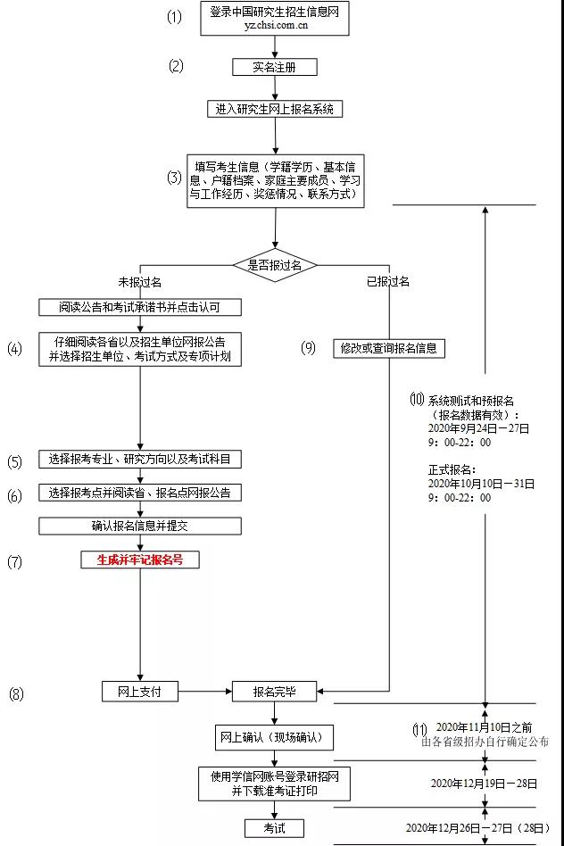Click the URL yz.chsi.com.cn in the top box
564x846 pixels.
pos(276,26)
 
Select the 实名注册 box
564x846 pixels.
pos(274,67)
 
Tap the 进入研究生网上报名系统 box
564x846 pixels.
pos(275,109)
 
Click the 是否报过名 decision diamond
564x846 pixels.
pos(275,265)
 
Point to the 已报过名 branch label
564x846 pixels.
pos(388,282)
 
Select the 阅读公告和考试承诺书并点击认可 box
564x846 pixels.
pos(140,308)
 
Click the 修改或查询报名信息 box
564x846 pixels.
pos(389,349)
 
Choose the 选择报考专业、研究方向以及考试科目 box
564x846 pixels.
pos(140,460)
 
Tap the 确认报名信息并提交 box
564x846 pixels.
pos(140,526)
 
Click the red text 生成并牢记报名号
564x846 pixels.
pos(140,560)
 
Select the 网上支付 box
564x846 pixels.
pos(140,691)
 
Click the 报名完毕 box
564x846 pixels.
pos(275,691)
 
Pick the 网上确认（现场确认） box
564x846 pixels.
pos(276,739)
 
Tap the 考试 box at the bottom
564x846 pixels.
pos(275,829)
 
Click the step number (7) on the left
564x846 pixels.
pos(14,561)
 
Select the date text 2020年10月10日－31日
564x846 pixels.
pos(481,484)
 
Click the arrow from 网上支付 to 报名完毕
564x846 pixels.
pos(204,691)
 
